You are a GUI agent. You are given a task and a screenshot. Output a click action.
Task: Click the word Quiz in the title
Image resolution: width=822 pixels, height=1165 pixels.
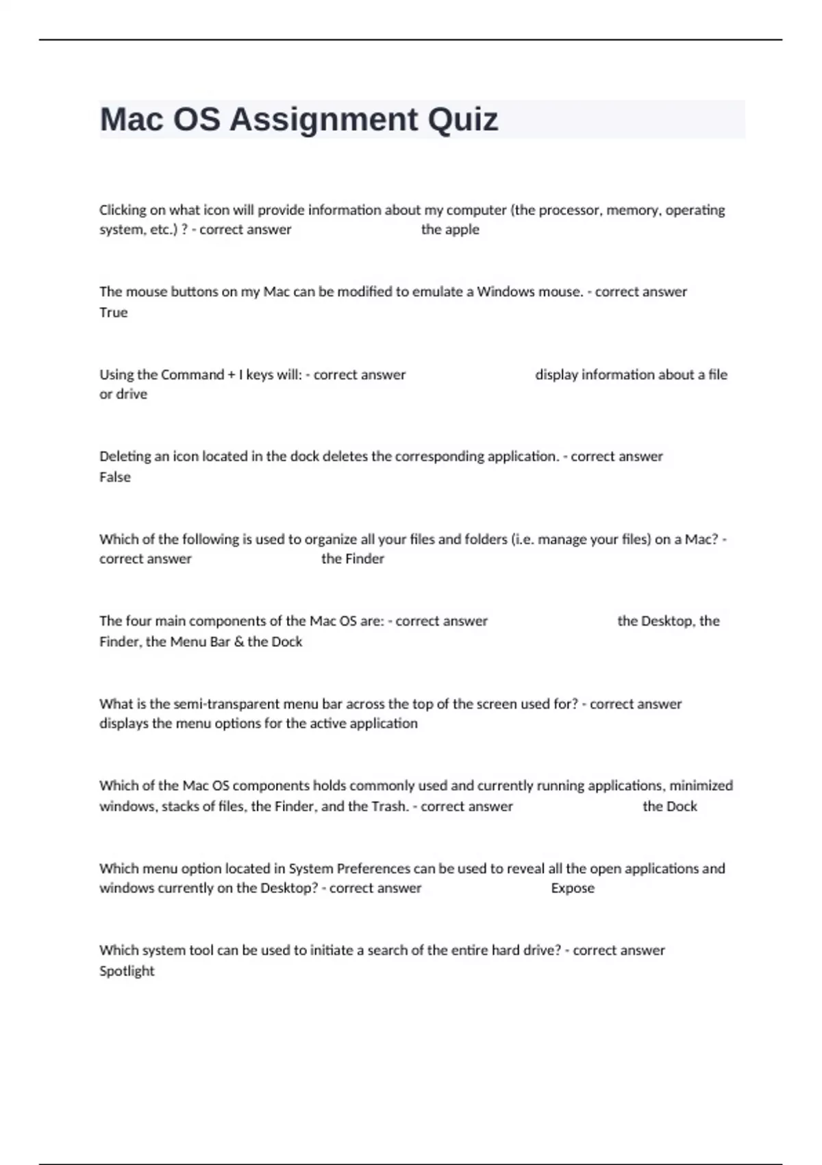pyautogui.click(x=462, y=120)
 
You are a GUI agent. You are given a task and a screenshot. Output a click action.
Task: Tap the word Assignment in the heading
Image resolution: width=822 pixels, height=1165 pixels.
pyautogui.click(x=323, y=120)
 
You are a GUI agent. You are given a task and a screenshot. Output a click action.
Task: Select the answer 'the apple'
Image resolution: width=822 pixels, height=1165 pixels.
pyautogui.click(x=450, y=230)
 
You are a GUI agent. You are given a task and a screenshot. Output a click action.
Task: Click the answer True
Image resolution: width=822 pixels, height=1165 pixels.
pyautogui.click(x=114, y=312)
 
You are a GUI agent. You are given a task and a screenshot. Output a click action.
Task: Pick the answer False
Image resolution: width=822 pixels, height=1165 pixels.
pyautogui.click(x=115, y=477)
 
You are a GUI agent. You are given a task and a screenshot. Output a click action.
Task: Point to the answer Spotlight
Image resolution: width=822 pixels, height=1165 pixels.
pyautogui.click(x=127, y=971)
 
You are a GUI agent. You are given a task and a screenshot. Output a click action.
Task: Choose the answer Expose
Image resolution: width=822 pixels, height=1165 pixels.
pyautogui.click(x=573, y=888)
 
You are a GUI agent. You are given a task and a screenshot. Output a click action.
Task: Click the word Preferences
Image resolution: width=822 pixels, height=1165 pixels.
pyautogui.click(x=371, y=868)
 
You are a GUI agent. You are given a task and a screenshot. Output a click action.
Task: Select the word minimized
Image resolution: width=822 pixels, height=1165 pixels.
pyautogui.click(x=701, y=785)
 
